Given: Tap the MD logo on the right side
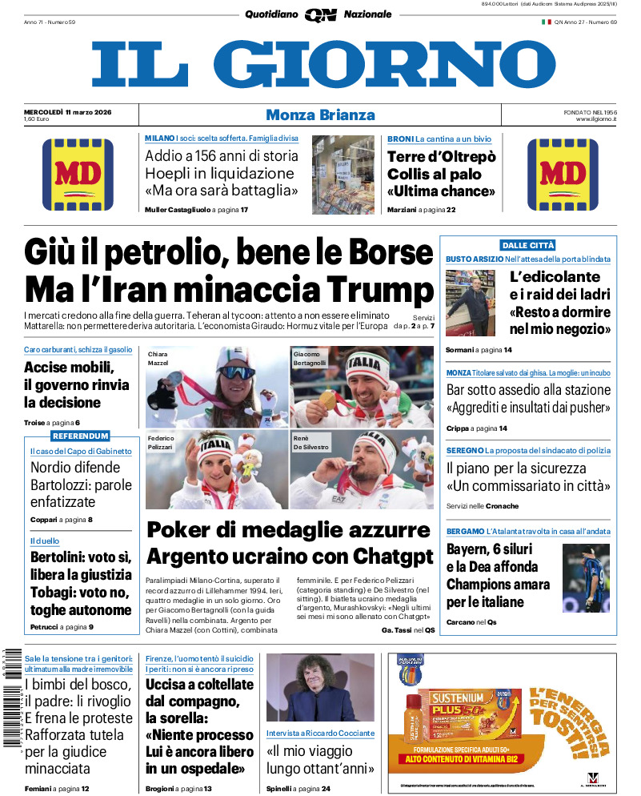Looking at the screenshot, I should (563, 174).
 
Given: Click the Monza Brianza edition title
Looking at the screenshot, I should (320, 115).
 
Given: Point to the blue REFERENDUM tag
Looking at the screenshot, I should (80, 436).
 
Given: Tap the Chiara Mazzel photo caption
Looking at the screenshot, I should (158, 359).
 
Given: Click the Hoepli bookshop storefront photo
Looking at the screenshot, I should (343, 174).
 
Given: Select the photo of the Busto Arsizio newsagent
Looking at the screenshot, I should (473, 304).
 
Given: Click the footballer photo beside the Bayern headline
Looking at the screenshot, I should (586, 578).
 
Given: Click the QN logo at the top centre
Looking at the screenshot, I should (320, 14).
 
